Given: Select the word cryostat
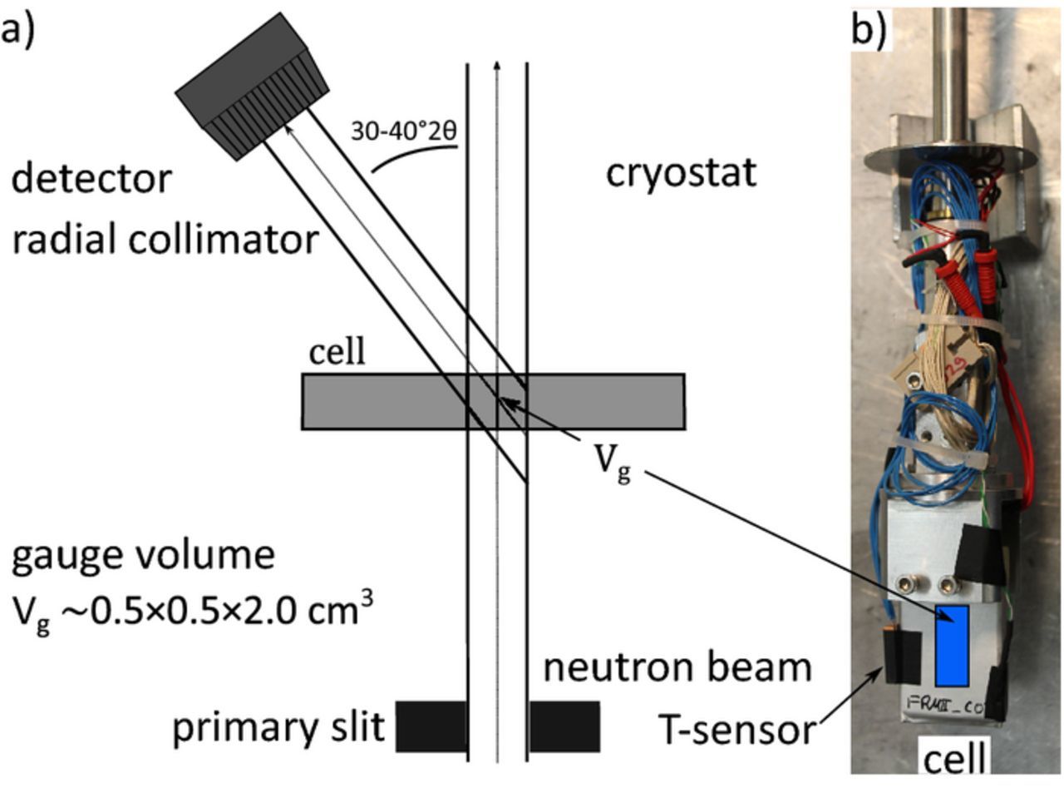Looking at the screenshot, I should pyautogui.click(x=680, y=174).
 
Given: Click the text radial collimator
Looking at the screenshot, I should pyautogui.click(x=164, y=240).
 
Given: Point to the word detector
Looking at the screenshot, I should pyautogui.click(x=91, y=178).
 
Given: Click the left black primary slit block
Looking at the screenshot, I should pyautogui.click(x=431, y=726).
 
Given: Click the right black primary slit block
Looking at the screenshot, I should pyautogui.click(x=564, y=726).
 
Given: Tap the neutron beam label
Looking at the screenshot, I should pyautogui.click(x=677, y=667).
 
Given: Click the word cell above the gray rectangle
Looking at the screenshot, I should pyautogui.click(x=337, y=352).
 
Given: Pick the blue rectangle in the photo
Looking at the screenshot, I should pyautogui.click(x=952, y=645).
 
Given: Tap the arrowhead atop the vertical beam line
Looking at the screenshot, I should pyautogui.click(x=496, y=66).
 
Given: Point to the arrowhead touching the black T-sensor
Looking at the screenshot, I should pyautogui.click(x=881, y=669).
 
